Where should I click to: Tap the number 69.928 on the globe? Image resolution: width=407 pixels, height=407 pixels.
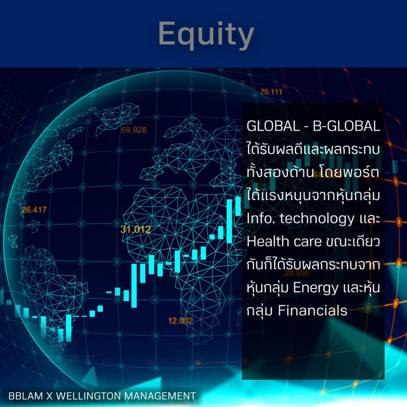click(133, 130)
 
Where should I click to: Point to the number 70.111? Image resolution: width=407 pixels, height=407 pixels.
click(271, 92)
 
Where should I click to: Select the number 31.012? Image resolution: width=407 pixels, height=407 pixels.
click(136, 229)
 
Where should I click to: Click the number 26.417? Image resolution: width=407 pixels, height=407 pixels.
click(34, 210)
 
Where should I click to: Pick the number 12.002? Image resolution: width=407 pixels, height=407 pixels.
click(180, 321)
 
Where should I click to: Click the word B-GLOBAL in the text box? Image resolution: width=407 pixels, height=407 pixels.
click(346, 127)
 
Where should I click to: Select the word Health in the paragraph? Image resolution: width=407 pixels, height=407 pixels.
click(267, 242)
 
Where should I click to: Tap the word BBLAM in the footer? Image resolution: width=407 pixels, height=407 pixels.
click(23, 396)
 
